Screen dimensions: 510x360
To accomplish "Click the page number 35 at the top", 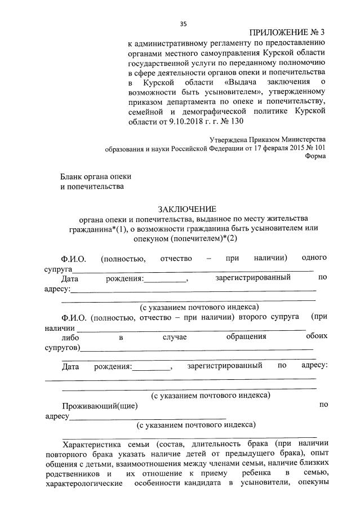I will click(x=183, y=24).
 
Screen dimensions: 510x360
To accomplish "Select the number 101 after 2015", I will click(x=319, y=148).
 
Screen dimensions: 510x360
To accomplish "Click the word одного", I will click(x=314, y=258).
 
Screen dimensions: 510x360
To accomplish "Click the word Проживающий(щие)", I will click(x=99, y=405).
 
